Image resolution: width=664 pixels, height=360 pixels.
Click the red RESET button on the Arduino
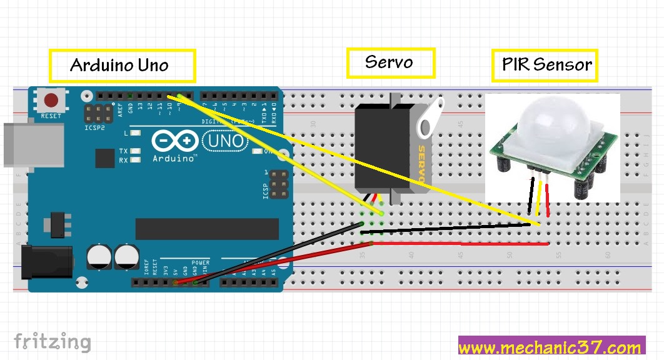point(51,101)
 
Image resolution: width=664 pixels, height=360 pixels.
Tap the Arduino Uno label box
point(122,66)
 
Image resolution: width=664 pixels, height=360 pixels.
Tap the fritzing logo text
point(53,342)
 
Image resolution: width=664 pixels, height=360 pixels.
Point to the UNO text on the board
point(224,141)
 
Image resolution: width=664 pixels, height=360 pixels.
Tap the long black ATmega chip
point(198,229)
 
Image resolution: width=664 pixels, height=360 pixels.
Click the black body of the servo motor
point(373,147)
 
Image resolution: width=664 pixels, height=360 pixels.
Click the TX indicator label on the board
point(123,151)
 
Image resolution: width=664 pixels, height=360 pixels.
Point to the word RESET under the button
point(51,116)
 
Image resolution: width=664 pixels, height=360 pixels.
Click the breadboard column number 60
point(607,255)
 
